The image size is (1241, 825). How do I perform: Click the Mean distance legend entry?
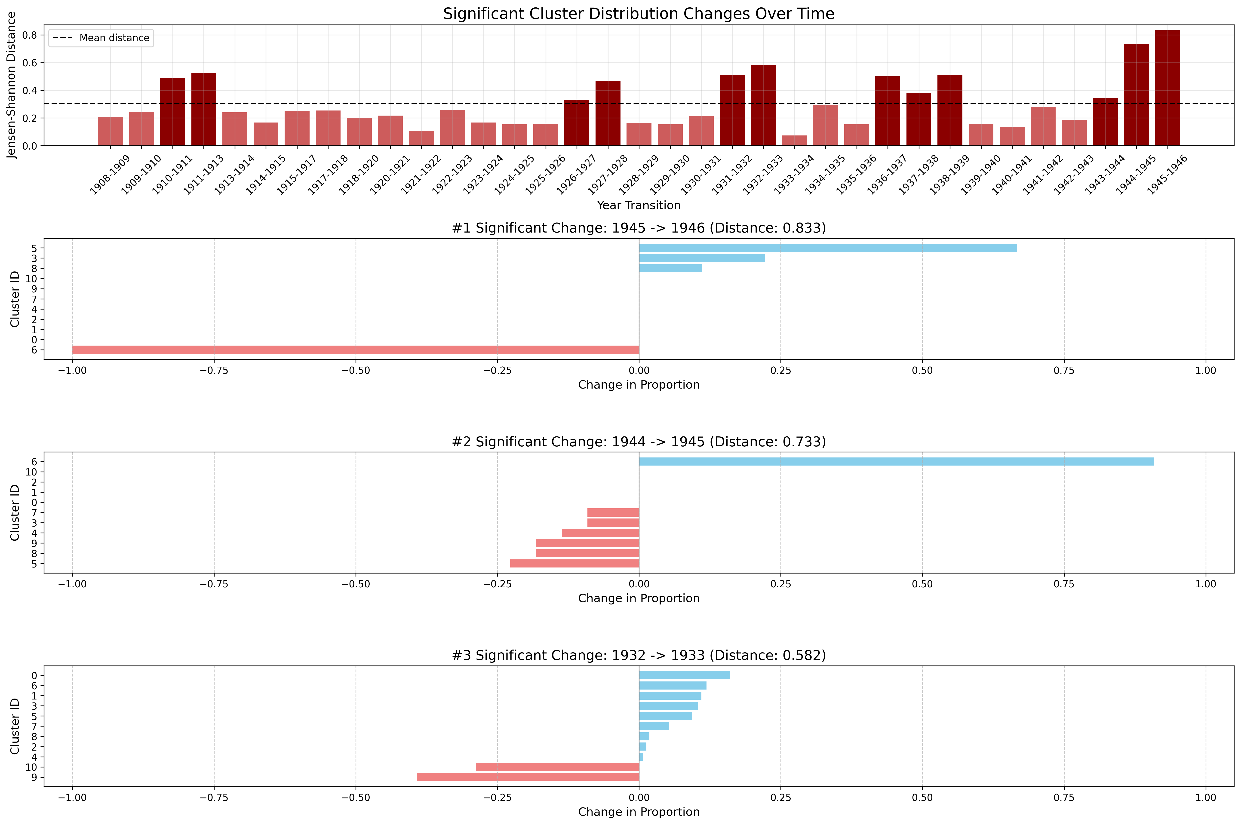point(101,38)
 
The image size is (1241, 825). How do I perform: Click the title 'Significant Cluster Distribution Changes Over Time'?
point(638,14)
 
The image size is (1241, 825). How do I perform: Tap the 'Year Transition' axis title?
point(638,205)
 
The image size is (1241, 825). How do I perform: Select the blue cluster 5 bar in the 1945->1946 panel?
point(827,248)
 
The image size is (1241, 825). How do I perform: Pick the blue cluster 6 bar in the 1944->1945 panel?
point(897,461)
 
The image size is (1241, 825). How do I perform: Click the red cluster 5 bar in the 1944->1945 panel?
point(574,564)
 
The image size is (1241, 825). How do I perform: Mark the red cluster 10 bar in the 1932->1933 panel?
point(557,767)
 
